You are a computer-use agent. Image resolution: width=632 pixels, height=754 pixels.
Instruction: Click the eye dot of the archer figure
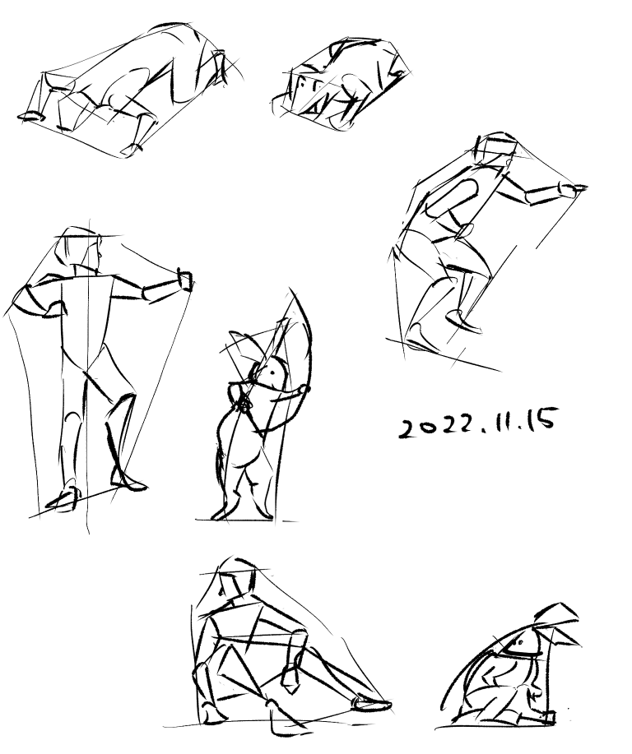pyautogui.click(x=272, y=372)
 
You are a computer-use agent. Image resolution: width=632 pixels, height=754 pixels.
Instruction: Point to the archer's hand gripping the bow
pyautogui.click(x=302, y=390)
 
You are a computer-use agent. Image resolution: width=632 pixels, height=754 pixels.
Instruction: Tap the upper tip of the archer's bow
pyautogui.click(x=290, y=289)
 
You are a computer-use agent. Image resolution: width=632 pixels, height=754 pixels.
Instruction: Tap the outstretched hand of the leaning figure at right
pyautogui.click(x=572, y=189)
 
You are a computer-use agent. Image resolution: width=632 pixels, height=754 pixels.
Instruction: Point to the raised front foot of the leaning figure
pyautogui.click(x=463, y=321)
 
